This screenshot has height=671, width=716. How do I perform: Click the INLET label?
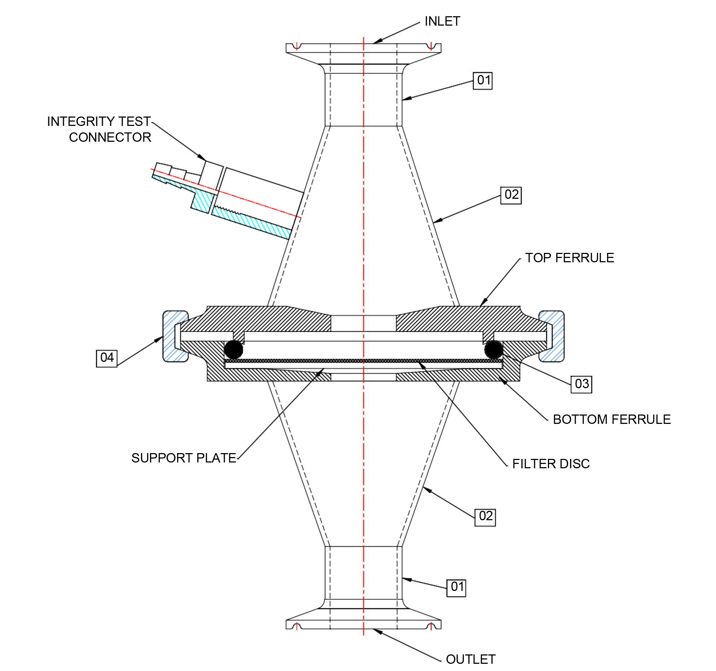coord(442,21)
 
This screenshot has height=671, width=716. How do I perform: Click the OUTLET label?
coord(470,659)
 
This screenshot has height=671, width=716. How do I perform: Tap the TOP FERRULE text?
coord(569,258)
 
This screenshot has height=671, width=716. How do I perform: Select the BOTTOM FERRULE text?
coord(611,419)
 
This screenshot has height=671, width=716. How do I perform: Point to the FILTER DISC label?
coord(551,464)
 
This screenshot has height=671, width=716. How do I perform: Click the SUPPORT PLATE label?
coord(184,458)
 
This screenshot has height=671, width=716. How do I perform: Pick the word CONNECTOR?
coord(110,137)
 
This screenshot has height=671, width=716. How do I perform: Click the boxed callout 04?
coord(107,358)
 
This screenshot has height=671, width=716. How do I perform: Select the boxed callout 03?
coord(581,384)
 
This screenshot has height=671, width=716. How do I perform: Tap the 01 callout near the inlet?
coord(483,80)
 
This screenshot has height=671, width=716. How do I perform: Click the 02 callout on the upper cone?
coord(511,195)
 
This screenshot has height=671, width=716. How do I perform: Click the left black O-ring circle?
coord(234,349)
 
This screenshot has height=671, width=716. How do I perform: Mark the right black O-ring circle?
coord(493,349)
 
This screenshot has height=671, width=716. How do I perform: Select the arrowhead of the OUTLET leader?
coord(376,631)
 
